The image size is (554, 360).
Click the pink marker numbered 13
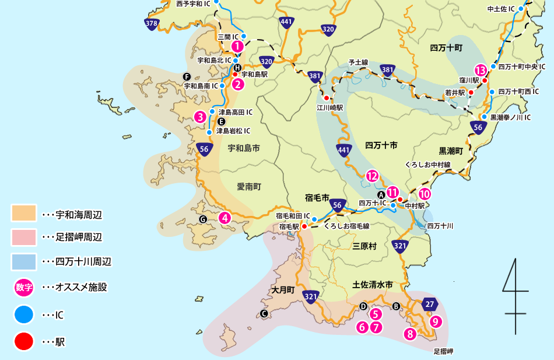(x=481, y=69)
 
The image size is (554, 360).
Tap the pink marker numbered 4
(x=224, y=218)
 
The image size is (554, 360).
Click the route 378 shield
(x=152, y=23)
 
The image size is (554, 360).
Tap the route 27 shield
(x=430, y=304)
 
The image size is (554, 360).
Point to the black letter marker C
(x=264, y=314)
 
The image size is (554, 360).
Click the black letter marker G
(x=203, y=219)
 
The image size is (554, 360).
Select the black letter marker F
(x=187, y=76)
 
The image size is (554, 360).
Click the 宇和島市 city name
(x=243, y=148)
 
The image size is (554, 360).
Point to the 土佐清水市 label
(x=373, y=285)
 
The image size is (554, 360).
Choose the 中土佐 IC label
(x=501, y=9)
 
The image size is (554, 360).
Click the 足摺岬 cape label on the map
(x=443, y=352)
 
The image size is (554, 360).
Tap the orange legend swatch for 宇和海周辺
(x=24, y=214)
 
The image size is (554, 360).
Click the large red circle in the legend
(x=24, y=341)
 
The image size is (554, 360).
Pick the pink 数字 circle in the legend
(x=24, y=287)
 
